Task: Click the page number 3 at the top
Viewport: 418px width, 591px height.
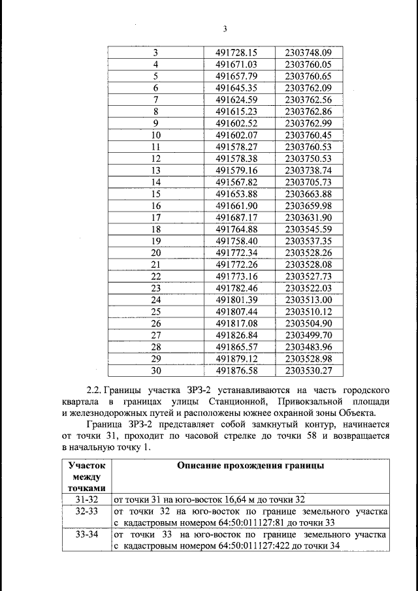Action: (x=224, y=29)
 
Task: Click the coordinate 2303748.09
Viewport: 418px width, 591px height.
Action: (x=309, y=53)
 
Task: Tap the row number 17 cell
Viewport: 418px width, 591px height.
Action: (x=155, y=217)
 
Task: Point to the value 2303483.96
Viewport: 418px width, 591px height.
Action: (x=309, y=347)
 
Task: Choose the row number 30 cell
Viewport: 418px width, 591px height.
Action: (x=155, y=370)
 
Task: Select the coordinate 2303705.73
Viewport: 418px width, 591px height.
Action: (x=309, y=182)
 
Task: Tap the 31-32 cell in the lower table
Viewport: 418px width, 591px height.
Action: (x=87, y=499)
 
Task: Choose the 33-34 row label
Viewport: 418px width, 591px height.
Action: (x=87, y=535)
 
